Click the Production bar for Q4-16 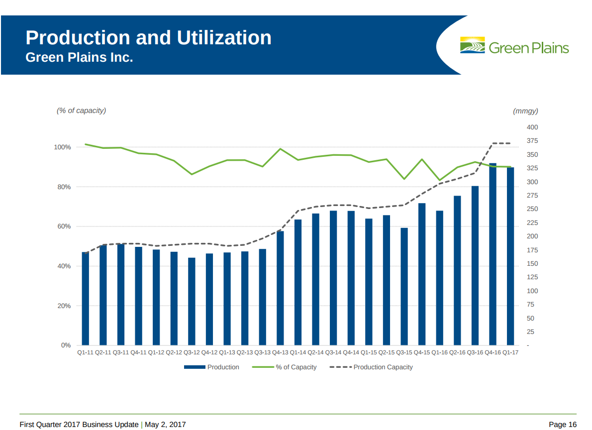(x=493, y=254)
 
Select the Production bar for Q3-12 (x=192, y=301)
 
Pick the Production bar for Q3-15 (x=404, y=286)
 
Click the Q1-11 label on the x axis (x=85, y=352)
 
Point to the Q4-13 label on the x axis (x=280, y=352)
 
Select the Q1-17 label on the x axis (x=510, y=352)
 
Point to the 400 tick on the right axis (x=532, y=128)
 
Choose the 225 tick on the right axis (x=532, y=223)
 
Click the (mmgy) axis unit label (x=525, y=111)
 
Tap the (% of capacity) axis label (x=81, y=110)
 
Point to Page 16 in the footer (x=563, y=425)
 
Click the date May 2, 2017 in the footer (x=165, y=425)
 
